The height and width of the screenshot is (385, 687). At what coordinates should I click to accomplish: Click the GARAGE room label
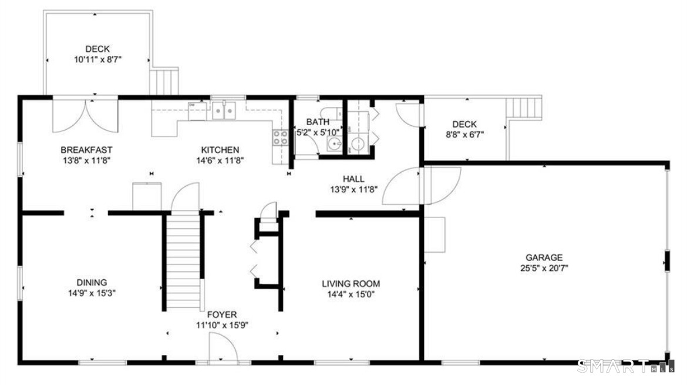(x=544, y=257)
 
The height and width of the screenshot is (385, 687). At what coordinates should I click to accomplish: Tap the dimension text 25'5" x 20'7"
(x=544, y=269)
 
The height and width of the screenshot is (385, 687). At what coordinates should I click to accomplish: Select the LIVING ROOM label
(x=351, y=284)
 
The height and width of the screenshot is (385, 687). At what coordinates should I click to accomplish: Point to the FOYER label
(x=222, y=314)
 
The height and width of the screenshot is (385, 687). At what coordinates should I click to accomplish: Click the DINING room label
(x=92, y=282)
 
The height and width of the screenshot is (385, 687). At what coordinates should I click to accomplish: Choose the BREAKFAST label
(x=86, y=150)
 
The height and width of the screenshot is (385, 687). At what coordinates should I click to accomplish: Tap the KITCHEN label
(x=220, y=150)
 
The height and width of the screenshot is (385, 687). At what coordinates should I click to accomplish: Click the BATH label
(x=318, y=122)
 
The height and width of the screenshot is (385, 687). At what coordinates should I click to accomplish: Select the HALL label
(x=353, y=179)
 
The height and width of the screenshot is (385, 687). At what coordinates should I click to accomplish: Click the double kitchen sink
(x=224, y=111)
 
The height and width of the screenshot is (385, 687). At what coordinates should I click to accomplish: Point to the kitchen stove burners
(x=281, y=138)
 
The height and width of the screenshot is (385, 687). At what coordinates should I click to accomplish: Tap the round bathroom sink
(x=336, y=144)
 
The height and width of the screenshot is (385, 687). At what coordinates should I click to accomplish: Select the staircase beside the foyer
(x=184, y=262)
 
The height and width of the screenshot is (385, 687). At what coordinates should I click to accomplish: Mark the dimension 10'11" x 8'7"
(x=97, y=59)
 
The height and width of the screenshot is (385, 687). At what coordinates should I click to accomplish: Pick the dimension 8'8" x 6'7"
(x=464, y=135)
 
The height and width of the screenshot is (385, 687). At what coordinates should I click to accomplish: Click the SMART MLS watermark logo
(x=626, y=366)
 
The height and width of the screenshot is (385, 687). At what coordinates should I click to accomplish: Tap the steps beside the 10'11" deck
(x=164, y=81)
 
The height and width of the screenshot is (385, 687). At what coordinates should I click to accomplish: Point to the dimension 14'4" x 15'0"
(x=351, y=294)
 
